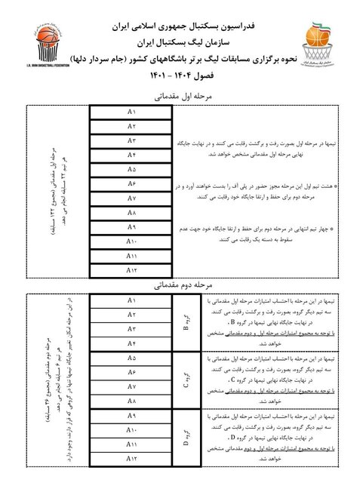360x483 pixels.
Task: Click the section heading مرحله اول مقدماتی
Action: coord(180,97)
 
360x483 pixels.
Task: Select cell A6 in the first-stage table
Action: coord(132,183)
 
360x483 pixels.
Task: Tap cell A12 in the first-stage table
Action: coord(132,269)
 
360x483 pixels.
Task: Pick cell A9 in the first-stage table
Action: coord(132,226)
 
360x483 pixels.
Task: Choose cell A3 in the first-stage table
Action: coord(132,141)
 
